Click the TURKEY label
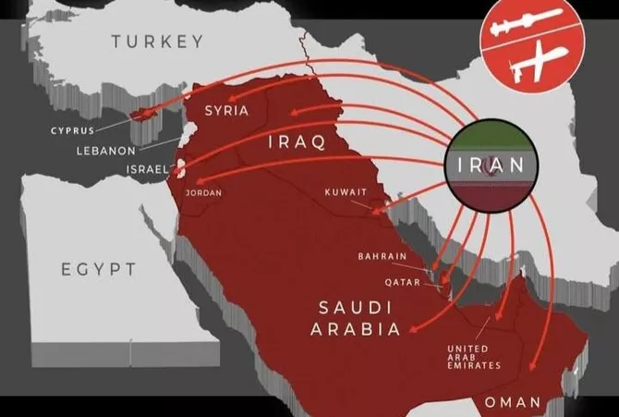coord(156,41)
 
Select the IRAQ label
coord(297,142)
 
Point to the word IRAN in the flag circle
coord(491,166)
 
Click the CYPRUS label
coord(72,131)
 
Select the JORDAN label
coord(204,194)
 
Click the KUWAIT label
coord(346,192)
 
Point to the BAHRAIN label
coord(381,256)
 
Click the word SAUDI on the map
coord(354,307)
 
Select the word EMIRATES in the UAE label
coord(472,366)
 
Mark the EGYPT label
coord(99,269)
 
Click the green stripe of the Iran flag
coord(491,136)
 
